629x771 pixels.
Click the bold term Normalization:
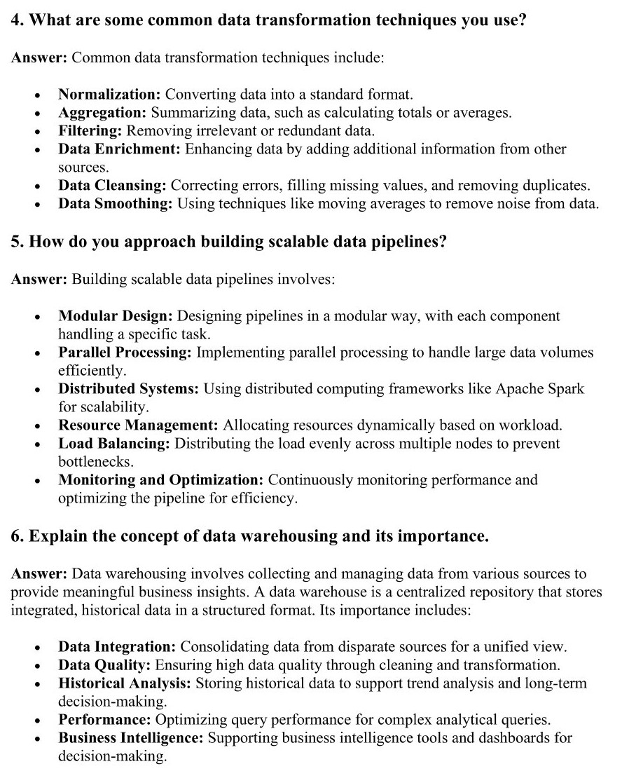(109, 94)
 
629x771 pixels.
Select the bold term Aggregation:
(102, 112)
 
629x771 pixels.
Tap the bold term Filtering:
(90, 130)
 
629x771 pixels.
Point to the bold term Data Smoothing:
(115, 204)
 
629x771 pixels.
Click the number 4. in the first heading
(18, 20)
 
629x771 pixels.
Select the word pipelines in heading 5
(410, 242)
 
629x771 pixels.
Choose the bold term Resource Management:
(138, 425)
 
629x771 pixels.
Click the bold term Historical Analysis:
(125, 683)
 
